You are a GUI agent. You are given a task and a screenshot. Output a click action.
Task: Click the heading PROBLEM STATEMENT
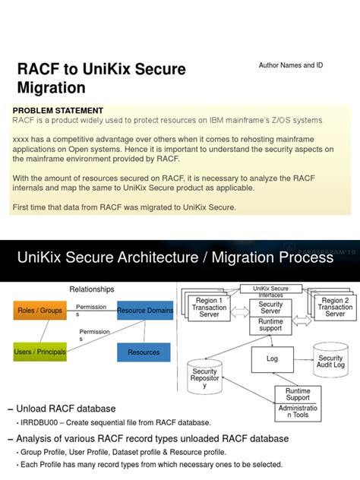point(58,111)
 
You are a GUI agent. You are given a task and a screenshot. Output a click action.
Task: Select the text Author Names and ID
point(291,65)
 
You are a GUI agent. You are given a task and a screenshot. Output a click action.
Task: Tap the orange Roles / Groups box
point(41,311)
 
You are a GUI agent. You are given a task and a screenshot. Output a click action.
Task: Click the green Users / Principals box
point(39,352)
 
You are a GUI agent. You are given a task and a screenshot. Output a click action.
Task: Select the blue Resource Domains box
point(144,311)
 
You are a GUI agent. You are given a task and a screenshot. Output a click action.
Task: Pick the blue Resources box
point(144,352)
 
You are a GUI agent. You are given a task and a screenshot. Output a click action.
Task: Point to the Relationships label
point(92,289)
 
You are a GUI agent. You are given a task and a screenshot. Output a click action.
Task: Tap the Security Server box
point(271,307)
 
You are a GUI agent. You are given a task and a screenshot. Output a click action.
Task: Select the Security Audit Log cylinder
point(330,362)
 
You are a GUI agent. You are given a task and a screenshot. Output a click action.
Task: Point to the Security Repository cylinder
point(205,380)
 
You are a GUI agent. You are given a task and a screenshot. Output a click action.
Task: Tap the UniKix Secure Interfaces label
point(270,291)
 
